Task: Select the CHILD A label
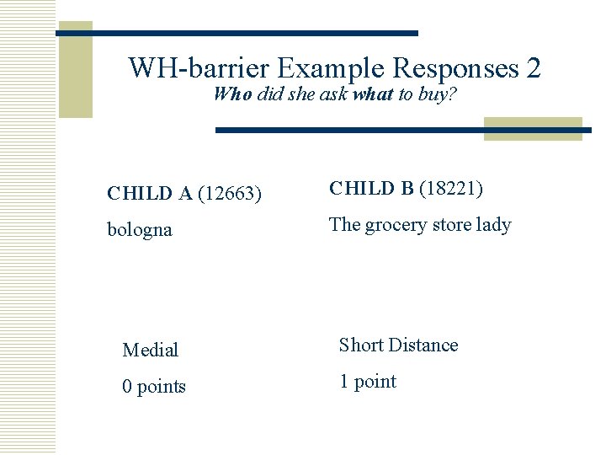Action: tap(150, 194)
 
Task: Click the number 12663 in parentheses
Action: tap(231, 194)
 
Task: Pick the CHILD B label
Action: tap(371, 189)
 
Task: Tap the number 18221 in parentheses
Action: tap(452, 189)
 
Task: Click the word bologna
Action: tap(140, 229)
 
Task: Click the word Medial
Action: tap(150, 350)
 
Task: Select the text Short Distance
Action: tap(398, 345)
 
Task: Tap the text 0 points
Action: tap(154, 387)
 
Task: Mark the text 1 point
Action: tap(367, 382)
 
